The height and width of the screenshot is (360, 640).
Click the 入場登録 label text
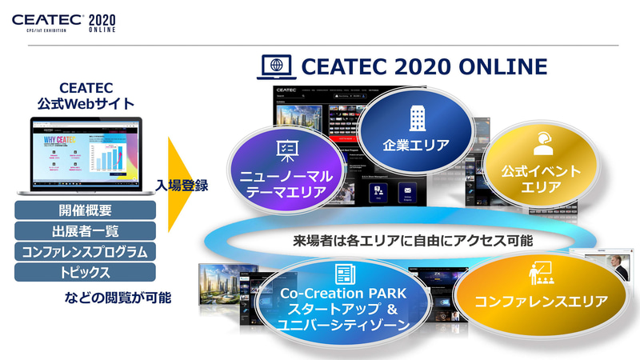(x=182, y=187)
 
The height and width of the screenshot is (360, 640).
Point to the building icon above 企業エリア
(x=416, y=116)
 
